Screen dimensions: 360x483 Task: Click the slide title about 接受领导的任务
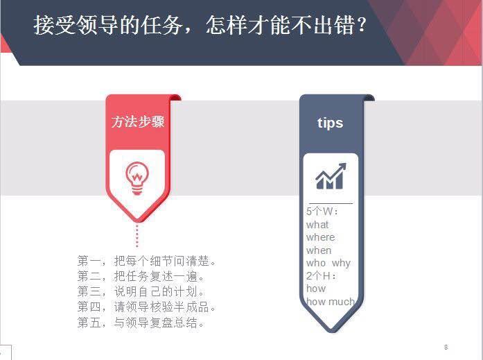pos(200,25)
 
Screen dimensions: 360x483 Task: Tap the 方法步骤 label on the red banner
pos(138,122)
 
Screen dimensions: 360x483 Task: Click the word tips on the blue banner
pos(330,123)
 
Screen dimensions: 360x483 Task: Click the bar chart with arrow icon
pos(331,177)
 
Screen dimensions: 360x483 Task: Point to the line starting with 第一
pos(148,262)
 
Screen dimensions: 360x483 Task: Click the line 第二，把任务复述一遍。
pos(142,277)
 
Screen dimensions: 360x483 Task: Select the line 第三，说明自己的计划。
pos(142,292)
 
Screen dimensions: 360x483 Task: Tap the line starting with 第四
pos(148,307)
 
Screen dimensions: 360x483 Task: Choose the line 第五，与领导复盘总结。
pos(142,323)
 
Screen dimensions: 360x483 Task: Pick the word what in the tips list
pos(317,225)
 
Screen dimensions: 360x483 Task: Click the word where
pos(320,237)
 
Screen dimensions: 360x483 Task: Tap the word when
pos(319,250)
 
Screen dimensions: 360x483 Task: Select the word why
pos(341,263)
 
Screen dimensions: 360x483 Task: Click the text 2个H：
pos(321,276)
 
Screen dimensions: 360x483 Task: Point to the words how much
pos(330,302)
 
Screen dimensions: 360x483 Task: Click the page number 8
pos(446,347)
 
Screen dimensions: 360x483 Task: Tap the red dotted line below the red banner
pos(137,235)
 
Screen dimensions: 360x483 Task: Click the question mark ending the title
pos(360,25)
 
